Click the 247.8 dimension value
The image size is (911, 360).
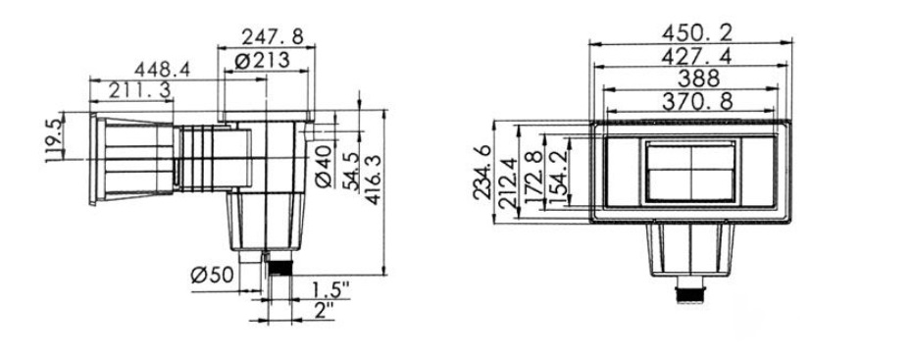pyautogui.click(x=273, y=37)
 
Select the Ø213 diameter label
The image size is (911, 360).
pyautogui.click(x=263, y=60)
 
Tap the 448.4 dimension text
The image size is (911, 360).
pyautogui.click(x=162, y=70)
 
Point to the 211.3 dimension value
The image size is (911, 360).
pyautogui.click(x=140, y=90)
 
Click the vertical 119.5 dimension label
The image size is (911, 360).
pyautogui.click(x=54, y=140)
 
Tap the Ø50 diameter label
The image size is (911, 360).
pyautogui.click(x=212, y=275)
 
